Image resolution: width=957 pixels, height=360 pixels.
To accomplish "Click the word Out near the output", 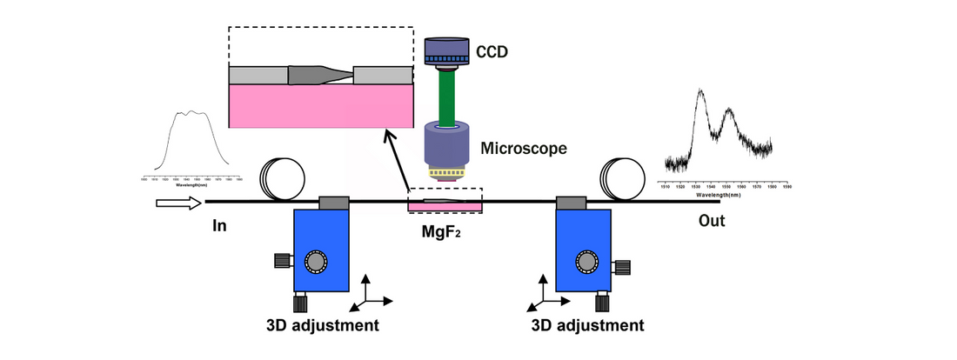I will coord(712,222).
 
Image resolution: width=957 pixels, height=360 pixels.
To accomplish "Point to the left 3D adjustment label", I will coord(322,326).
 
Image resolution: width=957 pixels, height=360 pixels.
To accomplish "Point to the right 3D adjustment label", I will coord(588,326).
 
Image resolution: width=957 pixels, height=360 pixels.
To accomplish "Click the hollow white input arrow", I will coord(178,204).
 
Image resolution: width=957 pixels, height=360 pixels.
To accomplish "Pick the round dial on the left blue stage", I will coord(314,260).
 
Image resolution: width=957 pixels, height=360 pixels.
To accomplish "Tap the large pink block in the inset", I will coord(320,106).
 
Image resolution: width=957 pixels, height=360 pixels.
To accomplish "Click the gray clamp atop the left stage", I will coord(335,203).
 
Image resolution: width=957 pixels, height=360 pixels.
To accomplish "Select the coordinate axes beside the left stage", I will coord(367,296).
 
